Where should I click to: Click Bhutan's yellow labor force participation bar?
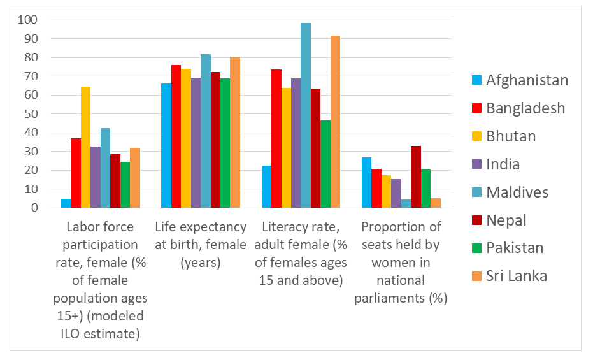click(85, 147)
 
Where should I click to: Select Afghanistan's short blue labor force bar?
click(66, 203)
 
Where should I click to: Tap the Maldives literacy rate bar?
click(306, 115)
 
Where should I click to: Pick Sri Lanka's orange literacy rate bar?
click(335, 122)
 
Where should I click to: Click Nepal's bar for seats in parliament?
click(416, 176)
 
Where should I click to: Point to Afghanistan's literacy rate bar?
click(266, 187)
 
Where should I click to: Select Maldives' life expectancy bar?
click(206, 131)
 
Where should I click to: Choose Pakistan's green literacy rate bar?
click(325, 164)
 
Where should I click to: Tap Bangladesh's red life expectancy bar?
click(176, 136)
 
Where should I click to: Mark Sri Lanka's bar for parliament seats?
click(435, 203)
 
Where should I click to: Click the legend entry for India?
click(496, 164)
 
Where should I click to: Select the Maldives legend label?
click(517, 192)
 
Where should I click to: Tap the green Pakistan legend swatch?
click(476, 248)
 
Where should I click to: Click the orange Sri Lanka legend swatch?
click(476, 276)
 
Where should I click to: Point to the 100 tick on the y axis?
click(27, 20)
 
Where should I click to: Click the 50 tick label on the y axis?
click(31, 113)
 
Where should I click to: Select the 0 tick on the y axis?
click(34, 207)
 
